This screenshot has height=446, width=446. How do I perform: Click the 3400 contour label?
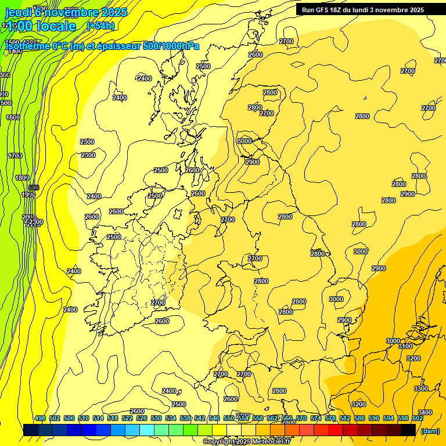425,412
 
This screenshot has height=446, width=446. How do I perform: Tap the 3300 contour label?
420,389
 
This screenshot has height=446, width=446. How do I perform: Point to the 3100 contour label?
405,346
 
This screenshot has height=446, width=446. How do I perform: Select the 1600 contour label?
13,117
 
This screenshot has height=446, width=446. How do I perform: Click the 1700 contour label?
15,156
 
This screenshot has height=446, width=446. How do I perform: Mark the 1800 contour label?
22,178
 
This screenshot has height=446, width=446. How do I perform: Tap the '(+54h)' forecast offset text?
100,26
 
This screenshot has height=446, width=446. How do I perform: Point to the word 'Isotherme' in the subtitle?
27,46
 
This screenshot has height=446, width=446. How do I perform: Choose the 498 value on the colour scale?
40,418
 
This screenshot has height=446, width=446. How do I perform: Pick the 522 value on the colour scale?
127,418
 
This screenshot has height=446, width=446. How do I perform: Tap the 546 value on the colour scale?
214,418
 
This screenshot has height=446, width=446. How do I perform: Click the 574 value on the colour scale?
316,418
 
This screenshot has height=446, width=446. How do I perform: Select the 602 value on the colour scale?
417,418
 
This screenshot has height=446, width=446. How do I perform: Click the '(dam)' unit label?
430,431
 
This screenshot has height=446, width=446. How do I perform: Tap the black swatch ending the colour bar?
408,430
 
